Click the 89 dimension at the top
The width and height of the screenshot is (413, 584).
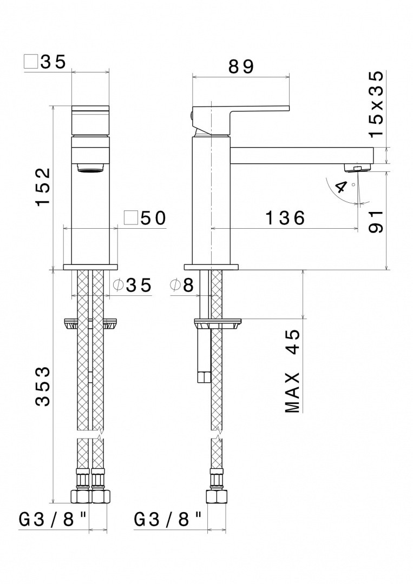point(241,67)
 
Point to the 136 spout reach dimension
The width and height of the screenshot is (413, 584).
point(285,218)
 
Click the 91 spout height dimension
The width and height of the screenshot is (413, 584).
point(376,222)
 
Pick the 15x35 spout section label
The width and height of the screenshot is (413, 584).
point(376,103)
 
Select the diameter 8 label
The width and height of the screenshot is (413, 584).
point(181,286)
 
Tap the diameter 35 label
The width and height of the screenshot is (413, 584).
point(132,286)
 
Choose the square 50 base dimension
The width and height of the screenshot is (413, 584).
point(145,218)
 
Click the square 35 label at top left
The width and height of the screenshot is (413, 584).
point(45,62)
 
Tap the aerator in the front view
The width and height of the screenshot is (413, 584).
point(90,168)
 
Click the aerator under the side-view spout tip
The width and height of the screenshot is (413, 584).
point(358,168)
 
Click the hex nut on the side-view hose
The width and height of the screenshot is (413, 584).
point(217,496)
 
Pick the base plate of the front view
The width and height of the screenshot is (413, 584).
point(90,267)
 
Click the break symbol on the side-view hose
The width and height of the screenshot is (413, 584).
point(217,433)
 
